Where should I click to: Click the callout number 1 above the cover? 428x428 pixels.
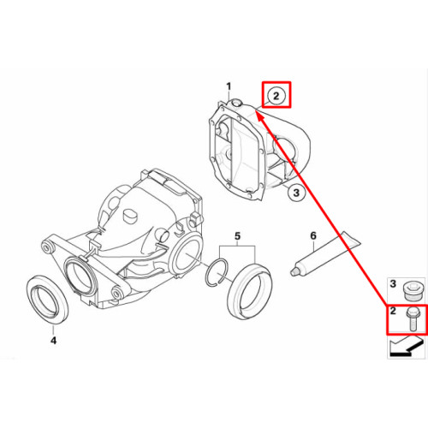tap(229, 86)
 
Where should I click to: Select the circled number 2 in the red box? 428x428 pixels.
tap(276, 96)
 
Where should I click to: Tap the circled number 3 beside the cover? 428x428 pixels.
tap(296, 193)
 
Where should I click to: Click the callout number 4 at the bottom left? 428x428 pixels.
tap(53, 340)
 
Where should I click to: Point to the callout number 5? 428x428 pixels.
tap(237, 236)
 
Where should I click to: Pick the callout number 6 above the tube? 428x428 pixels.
tap(313, 235)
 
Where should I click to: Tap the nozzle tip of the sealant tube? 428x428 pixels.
tap(292, 272)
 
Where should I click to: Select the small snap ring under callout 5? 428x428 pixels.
tap(217, 272)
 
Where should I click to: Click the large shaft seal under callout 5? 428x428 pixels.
tap(250, 292)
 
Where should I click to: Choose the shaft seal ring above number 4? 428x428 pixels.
tap(47, 300)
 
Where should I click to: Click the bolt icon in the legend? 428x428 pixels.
tap(411, 319)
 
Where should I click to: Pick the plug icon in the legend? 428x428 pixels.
tap(411, 290)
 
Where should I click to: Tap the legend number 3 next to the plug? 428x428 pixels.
tap(393, 284)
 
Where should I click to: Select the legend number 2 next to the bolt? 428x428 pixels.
tap(393, 311)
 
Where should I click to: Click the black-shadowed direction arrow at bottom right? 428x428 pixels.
tap(407, 346)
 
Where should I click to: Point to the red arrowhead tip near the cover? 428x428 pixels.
tap(255, 111)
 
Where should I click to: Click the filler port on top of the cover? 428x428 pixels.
tap(236, 103)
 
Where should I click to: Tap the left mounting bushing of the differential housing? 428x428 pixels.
tap(47, 247)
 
